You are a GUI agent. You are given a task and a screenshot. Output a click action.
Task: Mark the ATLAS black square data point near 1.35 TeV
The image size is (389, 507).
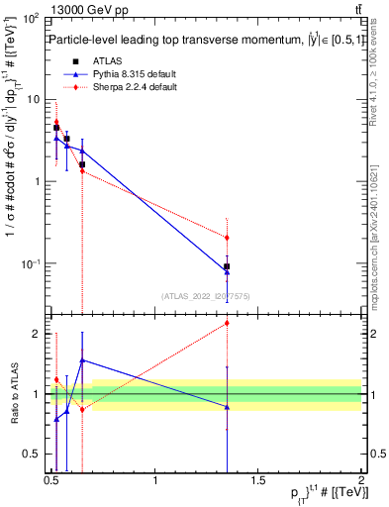coord(227,266)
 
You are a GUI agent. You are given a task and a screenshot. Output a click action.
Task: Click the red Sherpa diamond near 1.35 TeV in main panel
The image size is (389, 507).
coord(227,238)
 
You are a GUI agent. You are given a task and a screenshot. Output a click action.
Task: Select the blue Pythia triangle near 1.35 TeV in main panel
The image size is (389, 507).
coord(227,271)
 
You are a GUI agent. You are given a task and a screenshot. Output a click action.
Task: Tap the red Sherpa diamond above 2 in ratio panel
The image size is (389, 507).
coord(227,323)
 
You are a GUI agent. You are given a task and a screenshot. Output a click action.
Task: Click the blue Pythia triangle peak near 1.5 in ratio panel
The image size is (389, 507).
coord(82,360)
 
